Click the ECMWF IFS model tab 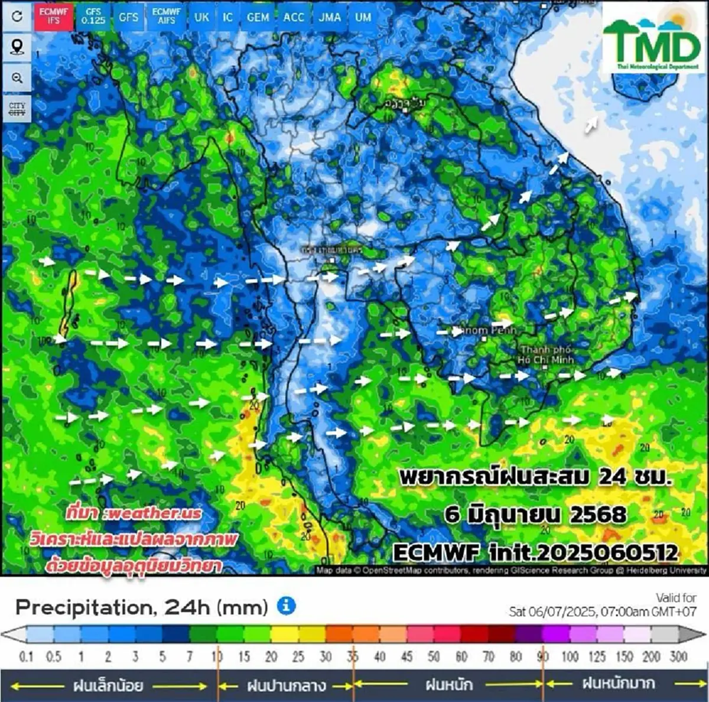(x=54, y=16)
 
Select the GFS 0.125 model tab (x=93, y=16)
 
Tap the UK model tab (x=201, y=17)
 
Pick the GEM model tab (x=258, y=17)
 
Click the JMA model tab (x=330, y=17)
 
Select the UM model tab (x=363, y=17)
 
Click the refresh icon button (x=17, y=16)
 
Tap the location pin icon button (x=17, y=47)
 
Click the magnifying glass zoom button (x=17, y=78)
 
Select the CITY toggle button (x=17, y=109)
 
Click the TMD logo (x=651, y=40)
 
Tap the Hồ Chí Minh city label (x=547, y=355)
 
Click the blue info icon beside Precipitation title (x=287, y=606)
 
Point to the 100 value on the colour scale (x=570, y=656)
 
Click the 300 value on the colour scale (x=678, y=656)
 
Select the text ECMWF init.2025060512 (x=535, y=552)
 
